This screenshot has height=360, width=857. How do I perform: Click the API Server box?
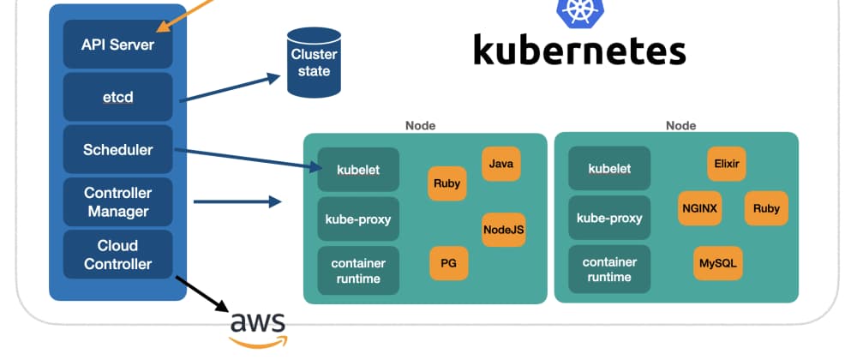[117, 44]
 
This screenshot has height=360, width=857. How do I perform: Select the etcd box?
[117, 97]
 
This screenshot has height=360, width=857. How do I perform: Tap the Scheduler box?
[117, 149]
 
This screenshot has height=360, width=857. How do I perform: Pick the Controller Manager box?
[117, 202]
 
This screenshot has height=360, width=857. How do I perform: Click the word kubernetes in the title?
[579, 50]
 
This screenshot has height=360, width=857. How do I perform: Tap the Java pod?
[501, 163]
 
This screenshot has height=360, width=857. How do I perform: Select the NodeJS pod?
[503, 229]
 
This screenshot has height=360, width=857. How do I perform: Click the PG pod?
[448, 263]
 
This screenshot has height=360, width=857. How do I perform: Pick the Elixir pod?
[726, 163]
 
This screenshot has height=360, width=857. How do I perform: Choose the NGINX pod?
[700, 207]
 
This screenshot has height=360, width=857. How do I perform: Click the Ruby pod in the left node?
[447, 183]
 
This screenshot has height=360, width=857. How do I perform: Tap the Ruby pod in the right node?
[766, 207]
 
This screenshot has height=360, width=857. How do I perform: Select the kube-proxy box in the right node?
[609, 219]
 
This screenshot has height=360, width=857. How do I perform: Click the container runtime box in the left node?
[358, 270]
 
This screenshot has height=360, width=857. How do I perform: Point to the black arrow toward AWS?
[201, 292]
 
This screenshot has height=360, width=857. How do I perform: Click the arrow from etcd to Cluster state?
[231, 87]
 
